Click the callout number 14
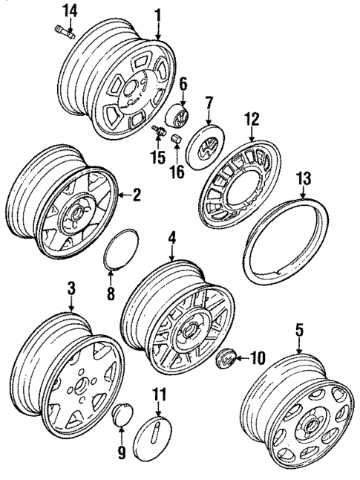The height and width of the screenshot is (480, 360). point(69,10)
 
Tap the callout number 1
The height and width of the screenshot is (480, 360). point(157,13)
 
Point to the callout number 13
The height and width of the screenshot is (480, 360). point(304,178)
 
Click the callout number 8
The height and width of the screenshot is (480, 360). point(111,293)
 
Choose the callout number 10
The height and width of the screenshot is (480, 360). point(258,357)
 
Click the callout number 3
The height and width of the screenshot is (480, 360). point(71,287)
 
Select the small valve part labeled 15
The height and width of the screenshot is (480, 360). point(157,131)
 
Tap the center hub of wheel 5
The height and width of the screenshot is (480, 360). point(310,424)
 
